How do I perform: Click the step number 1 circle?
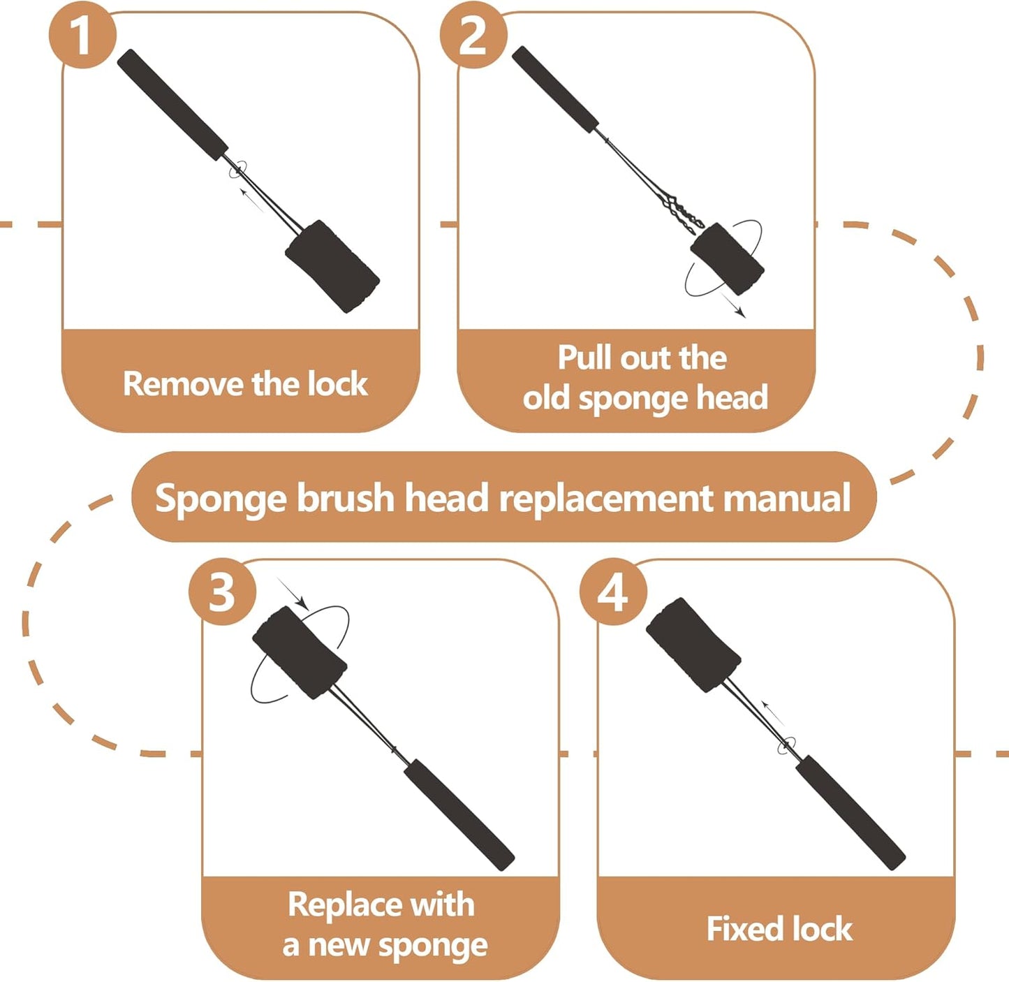[x=82, y=35]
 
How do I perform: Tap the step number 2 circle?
[x=473, y=35]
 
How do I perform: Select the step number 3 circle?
[x=222, y=592]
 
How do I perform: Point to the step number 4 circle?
[x=613, y=592]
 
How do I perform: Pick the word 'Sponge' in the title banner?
[x=220, y=499]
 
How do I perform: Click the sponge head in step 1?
[x=332, y=266]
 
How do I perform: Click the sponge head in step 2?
[x=727, y=259]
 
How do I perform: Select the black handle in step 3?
[x=459, y=814]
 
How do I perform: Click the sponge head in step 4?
[x=693, y=645]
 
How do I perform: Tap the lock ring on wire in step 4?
[x=787, y=745]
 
